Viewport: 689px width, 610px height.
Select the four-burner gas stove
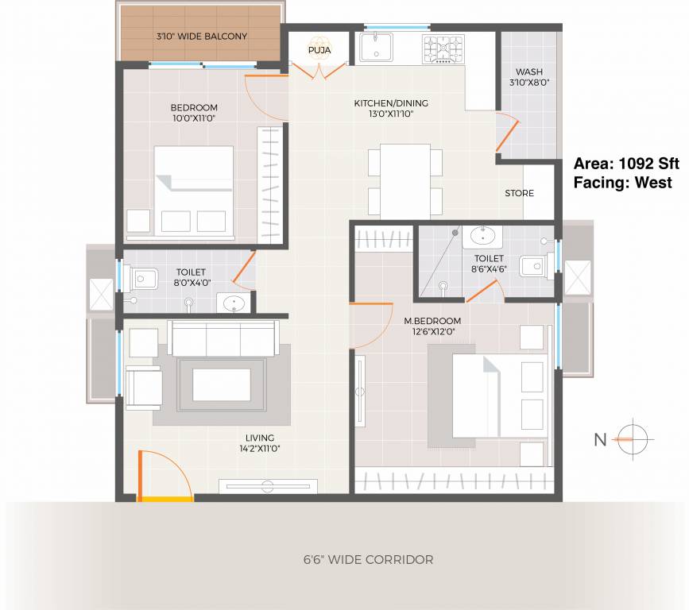point(443,48)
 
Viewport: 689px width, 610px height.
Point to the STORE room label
point(519,193)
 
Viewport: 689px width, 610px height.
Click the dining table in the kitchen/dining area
point(404,180)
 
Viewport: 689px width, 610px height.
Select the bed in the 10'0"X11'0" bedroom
point(194,191)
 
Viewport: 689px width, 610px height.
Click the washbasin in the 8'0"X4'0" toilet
point(233,303)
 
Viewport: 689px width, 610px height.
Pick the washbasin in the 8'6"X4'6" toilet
point(482,236)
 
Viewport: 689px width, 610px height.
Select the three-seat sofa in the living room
point(223,338)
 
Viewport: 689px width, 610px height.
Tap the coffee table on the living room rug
point(221,384)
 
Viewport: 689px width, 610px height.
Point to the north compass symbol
point(633,437)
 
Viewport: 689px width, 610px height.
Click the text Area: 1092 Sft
point(626,164)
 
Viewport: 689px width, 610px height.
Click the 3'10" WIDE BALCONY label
point(201,37)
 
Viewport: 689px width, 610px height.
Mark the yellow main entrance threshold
point(165,499)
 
